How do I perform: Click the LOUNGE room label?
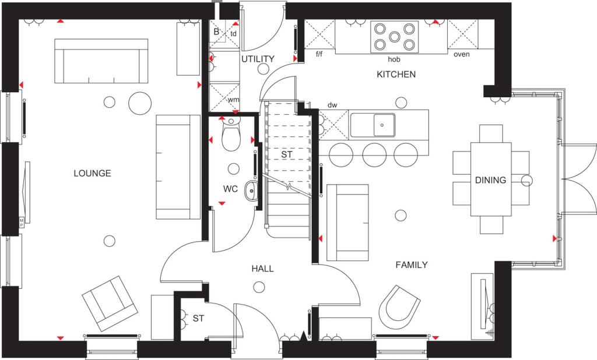(x=92, y=173)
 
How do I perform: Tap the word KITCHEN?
(x=396, y=75)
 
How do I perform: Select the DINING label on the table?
(x=490, y=180)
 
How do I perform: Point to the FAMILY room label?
(x=412, y=265)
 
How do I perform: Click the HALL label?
(x=262, y=269)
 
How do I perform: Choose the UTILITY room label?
(x=257, y=59)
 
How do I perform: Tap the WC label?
(x=230, y=189)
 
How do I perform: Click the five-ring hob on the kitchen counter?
(x=395, y=37)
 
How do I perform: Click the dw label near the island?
(x=332, y=105)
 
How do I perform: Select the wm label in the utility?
(x=233, y=100)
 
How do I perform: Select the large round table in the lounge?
(x=141, y=103)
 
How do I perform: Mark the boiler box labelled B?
(x=216, y=32)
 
